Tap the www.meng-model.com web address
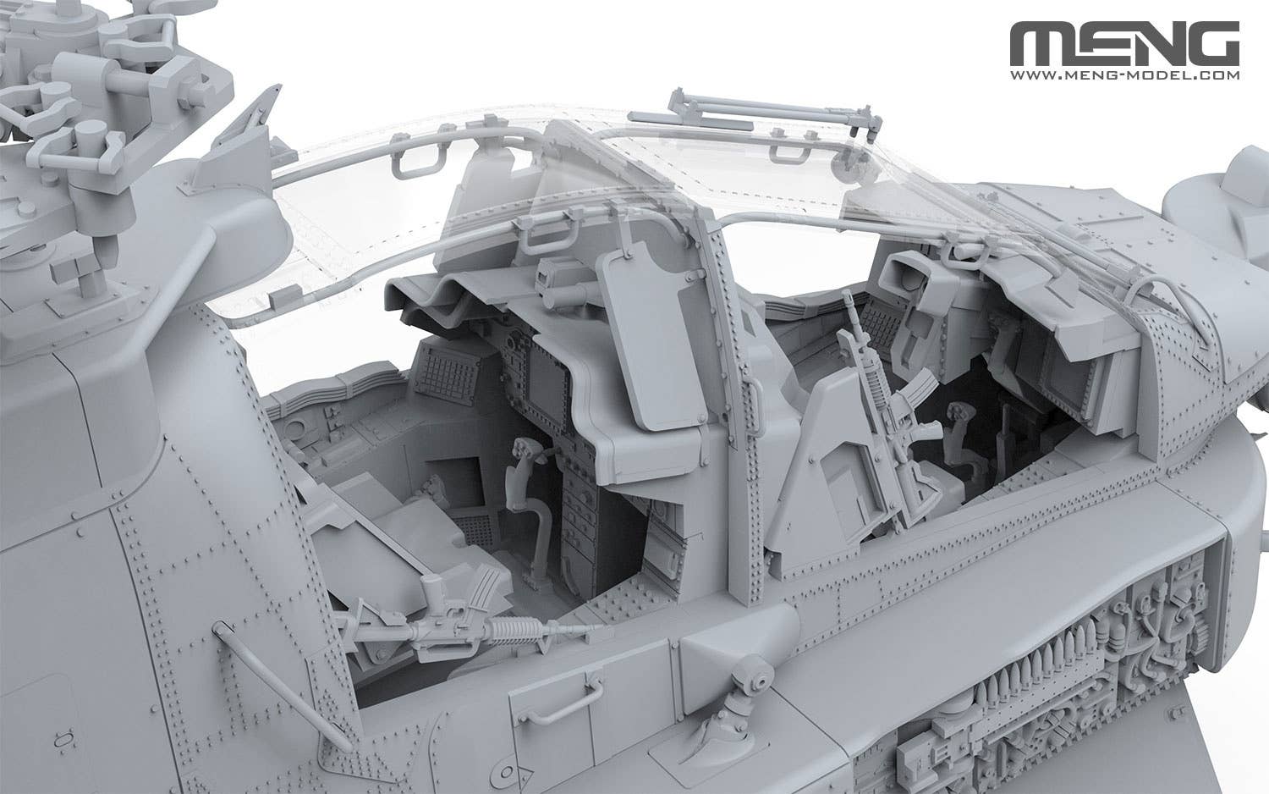(x=1124, y=74)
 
